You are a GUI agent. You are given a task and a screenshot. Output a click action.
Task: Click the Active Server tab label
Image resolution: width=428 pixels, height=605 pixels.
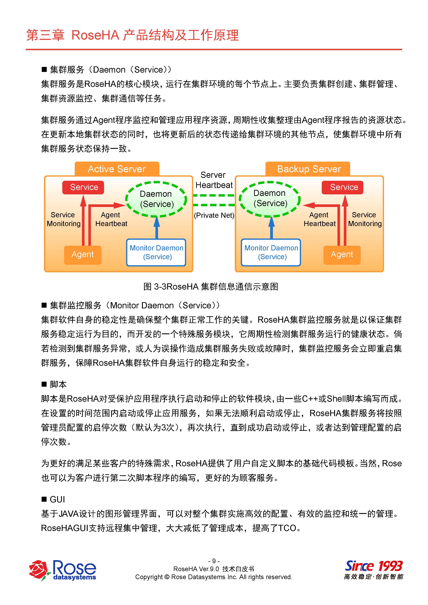tap(117, 169)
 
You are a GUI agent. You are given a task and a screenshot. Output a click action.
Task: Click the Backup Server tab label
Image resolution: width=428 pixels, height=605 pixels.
tap(309, 169)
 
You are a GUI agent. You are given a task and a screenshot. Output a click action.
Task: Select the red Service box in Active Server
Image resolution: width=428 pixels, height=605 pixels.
tap(83, 187)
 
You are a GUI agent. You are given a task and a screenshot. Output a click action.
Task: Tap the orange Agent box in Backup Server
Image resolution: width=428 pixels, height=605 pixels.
tap(342, 255)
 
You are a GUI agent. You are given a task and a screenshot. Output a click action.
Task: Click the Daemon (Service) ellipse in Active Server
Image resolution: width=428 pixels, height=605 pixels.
tap(156, 199)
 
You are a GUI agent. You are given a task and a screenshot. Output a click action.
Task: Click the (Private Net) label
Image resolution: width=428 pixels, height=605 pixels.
tap(214, 216)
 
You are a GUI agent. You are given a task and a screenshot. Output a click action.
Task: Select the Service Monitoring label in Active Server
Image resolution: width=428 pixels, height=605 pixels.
tap(63, 219)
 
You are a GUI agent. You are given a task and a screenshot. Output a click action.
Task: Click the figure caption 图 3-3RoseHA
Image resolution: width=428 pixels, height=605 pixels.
tap(211, 286)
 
